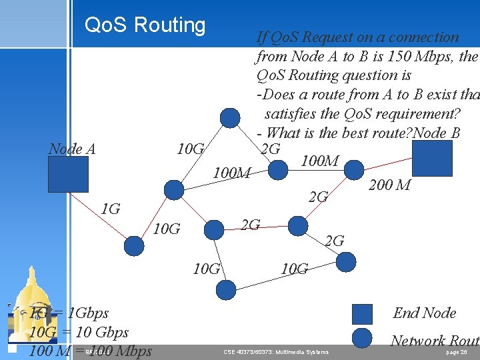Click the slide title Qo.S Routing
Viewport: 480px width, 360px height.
tap(145, 25)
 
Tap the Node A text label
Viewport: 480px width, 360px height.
tap(72, 149)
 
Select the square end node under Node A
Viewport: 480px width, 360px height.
tap(67, 176)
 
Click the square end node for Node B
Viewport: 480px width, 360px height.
tap(432, 158)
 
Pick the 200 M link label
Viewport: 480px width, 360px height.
tap(389, 185)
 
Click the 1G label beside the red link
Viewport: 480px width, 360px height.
tap(111, 209)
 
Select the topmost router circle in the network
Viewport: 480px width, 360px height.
tap(230, 118)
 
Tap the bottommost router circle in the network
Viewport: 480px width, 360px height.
tap(227, 289)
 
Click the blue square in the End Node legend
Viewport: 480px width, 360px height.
tap(362, 313)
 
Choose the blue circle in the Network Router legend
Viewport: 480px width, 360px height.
tap(362, 339)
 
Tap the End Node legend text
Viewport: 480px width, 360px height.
tap(425, 313)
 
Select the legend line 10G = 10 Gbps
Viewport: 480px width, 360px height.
tap(79, 331)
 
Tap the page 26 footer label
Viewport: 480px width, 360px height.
tap(457, 351)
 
